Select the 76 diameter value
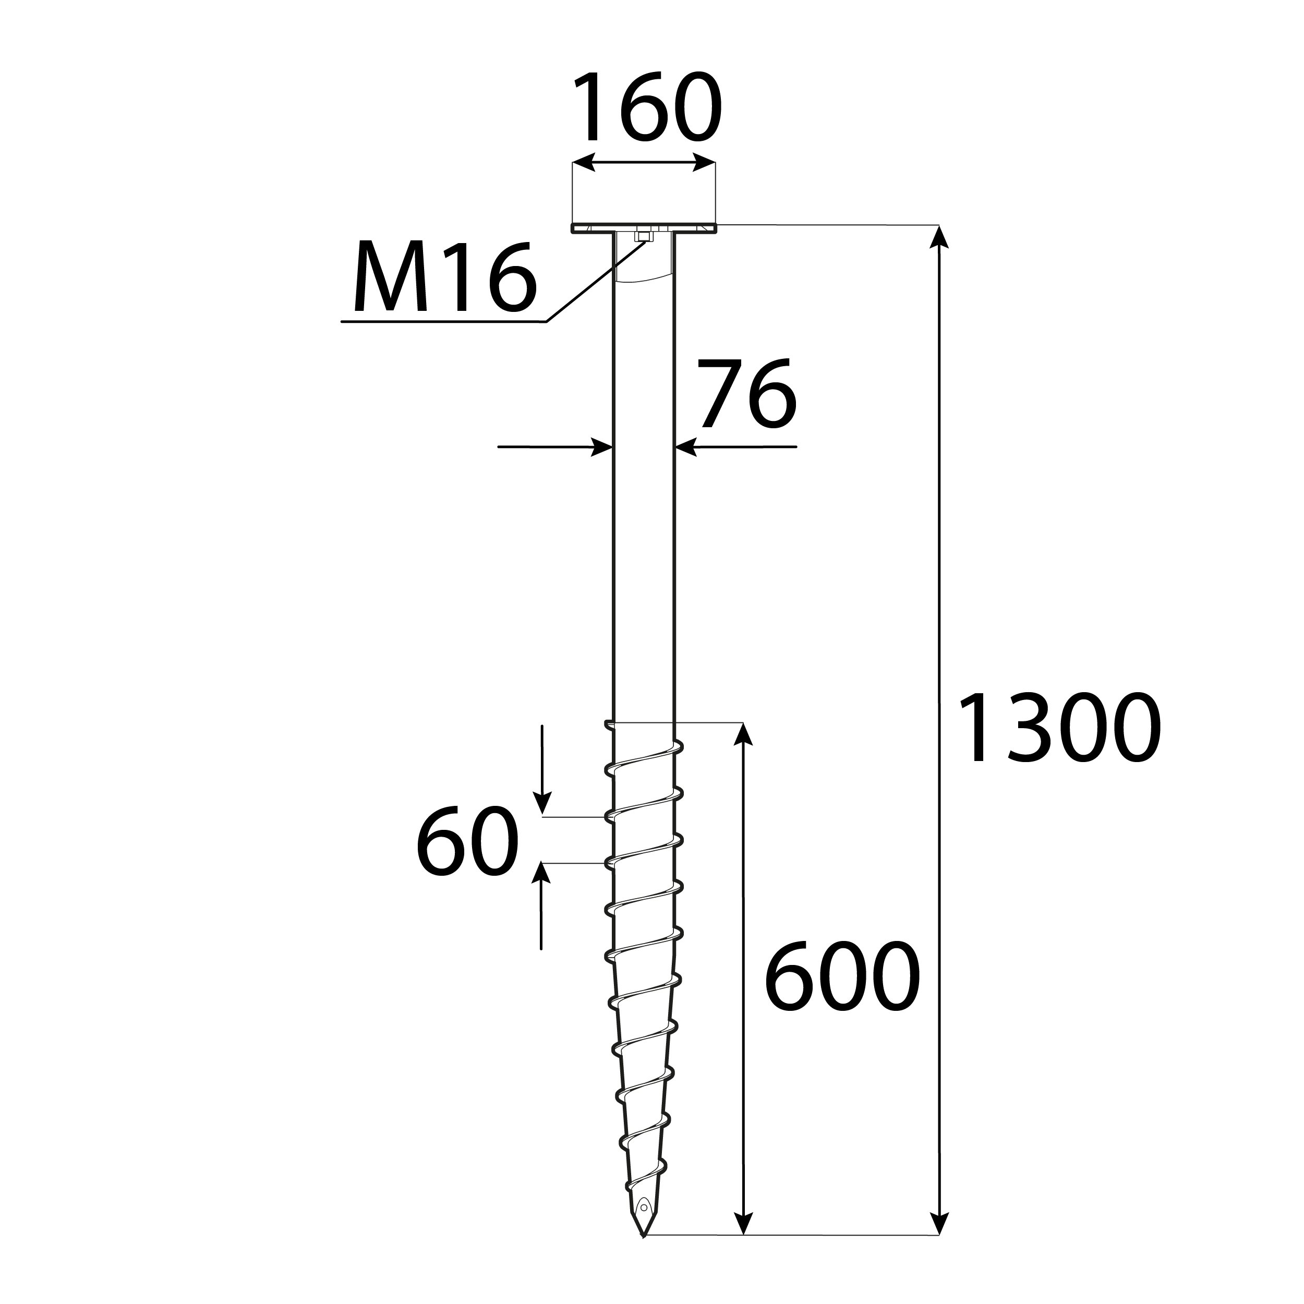[x=746, y=395]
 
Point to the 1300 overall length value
[x=1058, y=730]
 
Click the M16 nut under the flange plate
[x=643, y=237]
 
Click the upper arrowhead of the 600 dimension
[x=743, y=734]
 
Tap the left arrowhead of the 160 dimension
[x=583, y=163]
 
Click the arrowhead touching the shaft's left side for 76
[x=602, y=447]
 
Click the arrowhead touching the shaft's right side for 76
[x=686, y=447]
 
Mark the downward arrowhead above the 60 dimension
[x=541, y=803]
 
